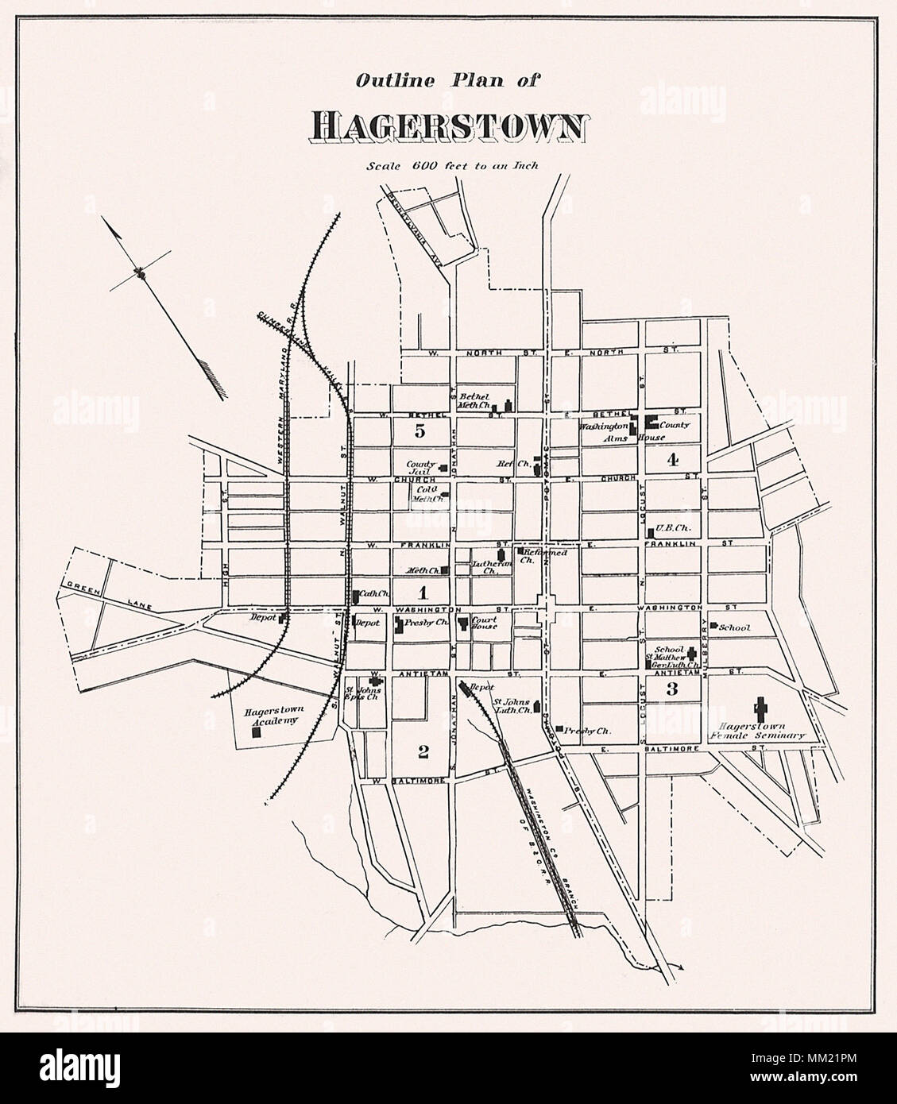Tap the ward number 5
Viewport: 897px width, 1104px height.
pyautogui.click(x=420, y=431)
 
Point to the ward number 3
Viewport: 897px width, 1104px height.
pyautogui.click(x=671, y=688)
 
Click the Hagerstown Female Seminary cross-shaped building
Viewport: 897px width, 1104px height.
pyautogui.click(x=760, y=706)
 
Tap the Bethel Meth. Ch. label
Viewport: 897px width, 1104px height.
pyautogui.click(x=477, y=400)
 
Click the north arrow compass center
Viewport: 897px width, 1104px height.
pyautogui.click(x=142, y=273)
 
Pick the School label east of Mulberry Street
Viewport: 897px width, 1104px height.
pyautogui.click(x=734, y=627)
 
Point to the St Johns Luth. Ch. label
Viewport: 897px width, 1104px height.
pyautogui.click(x=511, y=706)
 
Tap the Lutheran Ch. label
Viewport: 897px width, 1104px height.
pyautogui.click(x=484, y=566)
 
